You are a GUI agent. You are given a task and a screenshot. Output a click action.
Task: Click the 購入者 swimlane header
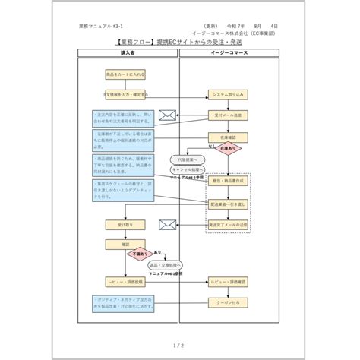127,54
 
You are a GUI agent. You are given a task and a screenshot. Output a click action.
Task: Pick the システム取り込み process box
229,95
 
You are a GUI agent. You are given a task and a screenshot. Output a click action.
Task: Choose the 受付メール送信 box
229,115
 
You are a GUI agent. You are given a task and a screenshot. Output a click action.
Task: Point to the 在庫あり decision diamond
229,148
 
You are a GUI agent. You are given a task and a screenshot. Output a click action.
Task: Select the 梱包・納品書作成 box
229,183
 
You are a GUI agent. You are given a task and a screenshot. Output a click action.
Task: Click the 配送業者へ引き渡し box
229,204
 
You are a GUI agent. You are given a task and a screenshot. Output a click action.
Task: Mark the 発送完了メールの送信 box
229,225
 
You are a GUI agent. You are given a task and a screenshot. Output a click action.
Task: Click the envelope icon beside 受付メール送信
167,115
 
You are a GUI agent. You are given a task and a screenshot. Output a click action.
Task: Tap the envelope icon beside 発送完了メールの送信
167,225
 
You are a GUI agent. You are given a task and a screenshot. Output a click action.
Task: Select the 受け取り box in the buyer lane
125,225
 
